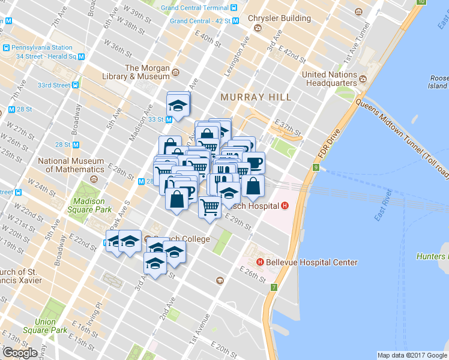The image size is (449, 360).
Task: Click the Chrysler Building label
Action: (x=279, y=18)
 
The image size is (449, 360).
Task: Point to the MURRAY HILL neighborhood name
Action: (x=255, y=97)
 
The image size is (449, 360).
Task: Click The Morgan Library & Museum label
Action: (x=147, y=72)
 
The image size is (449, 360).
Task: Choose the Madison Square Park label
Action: (x=89, y=205)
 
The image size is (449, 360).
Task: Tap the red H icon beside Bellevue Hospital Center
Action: (x=261, y=262)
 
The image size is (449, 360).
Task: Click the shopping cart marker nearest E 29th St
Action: (x=209, y=208)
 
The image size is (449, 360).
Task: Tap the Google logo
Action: (x=20, y=353)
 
